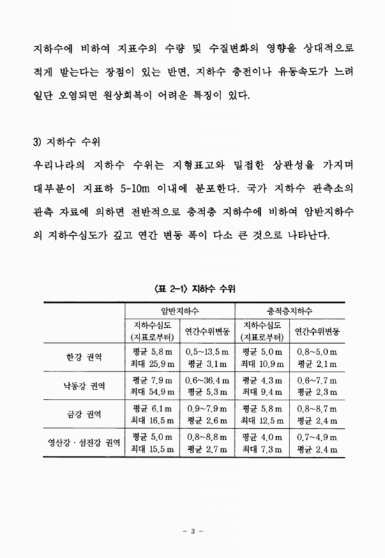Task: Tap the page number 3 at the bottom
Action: (192, 533)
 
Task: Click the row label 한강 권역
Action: (82, 356)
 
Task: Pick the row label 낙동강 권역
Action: (82, 386)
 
